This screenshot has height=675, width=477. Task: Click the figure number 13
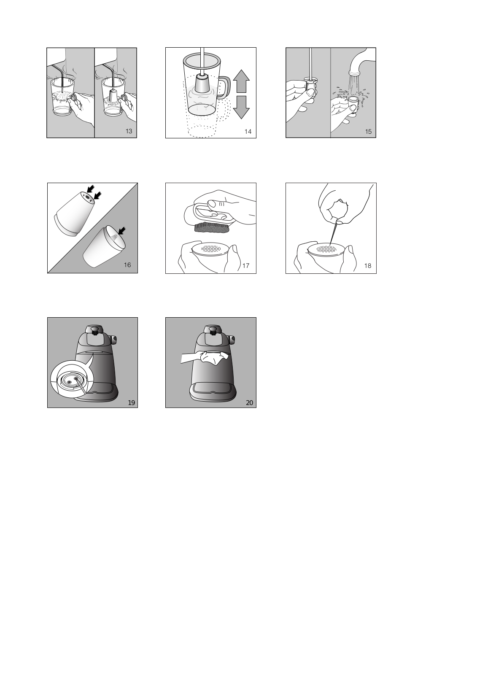click(129, 131)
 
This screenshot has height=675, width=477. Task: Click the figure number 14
click(248, 132)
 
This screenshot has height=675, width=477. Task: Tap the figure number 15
click(368, 132)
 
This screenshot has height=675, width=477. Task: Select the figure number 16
click(127, 265)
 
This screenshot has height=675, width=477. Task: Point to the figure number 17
click(246, 266)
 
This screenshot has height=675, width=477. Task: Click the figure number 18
click(368, 266)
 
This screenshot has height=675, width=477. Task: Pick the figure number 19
click(132, 403)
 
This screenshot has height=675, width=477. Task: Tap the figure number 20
click(250, 403)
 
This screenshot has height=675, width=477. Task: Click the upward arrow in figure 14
click(241, 81)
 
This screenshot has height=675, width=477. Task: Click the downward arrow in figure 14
click(241, 107)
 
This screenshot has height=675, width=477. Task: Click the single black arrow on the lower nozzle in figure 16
click(121, 231)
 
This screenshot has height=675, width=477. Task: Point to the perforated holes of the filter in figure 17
click(210, 249)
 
